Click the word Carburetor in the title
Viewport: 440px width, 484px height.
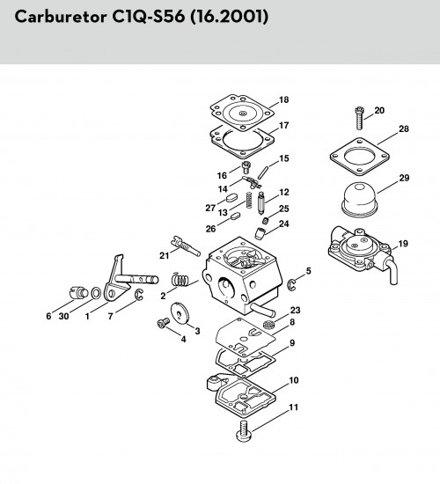point(61,17)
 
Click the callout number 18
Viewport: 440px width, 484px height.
point(283,99)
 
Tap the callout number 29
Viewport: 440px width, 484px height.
point(404,178)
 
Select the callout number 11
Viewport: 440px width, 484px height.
point(293,407)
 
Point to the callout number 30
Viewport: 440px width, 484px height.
point(64,316)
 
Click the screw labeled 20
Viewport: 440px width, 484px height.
point(359,118)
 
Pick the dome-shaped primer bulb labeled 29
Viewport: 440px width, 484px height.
point(359,200)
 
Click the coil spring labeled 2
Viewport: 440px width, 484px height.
point(180,280)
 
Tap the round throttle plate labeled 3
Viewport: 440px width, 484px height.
point(180,312)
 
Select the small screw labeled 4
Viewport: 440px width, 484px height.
point(164,323)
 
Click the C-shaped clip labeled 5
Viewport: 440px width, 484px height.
point(292,284)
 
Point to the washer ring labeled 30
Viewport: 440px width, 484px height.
point(96,293)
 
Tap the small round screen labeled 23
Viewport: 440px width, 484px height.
point(268,325)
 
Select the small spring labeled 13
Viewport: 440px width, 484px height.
point(249,201)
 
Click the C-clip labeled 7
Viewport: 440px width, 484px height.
point(139,295)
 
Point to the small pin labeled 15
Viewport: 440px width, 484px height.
point(264,172)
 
